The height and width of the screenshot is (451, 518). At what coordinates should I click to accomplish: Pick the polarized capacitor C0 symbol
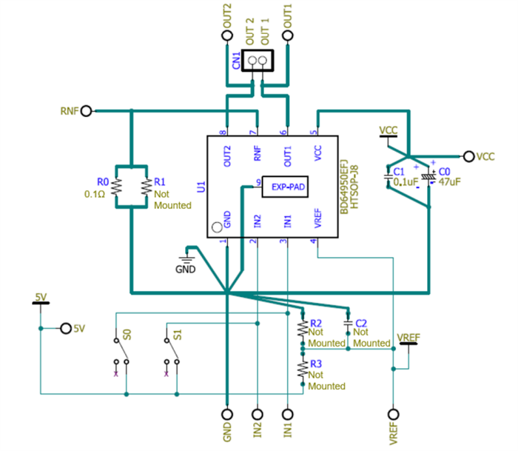428,177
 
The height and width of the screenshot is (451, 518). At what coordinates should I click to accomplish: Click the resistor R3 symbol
302,368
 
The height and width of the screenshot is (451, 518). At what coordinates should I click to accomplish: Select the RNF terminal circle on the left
87,111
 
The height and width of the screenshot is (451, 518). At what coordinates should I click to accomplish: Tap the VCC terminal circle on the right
468,156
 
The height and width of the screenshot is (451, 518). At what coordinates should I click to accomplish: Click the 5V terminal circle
65,328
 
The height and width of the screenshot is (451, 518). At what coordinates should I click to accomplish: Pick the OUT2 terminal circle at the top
226,36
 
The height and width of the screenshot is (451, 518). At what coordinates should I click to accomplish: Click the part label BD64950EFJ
343,187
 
